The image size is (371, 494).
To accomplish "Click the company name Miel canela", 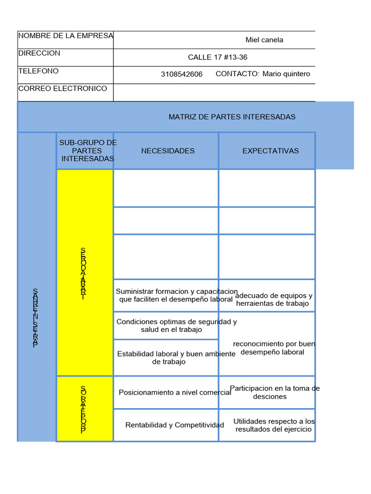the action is pyautogui.click(x=264, y=40).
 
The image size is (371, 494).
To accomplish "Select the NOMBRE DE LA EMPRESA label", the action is pyautogui.click(x=66, y=36).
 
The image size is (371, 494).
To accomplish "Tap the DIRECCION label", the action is pyautogui.click(x=39, y=53).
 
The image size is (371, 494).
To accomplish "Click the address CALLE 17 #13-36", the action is pyautogui.click(x=217, y=57).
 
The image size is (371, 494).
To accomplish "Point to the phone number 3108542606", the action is pyautogui.click(x=182, y=74).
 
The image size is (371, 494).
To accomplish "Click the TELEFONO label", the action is pyautogui.click(x=38, y=71).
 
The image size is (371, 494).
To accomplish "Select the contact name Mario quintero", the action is pyautogui.click(x=286, y=74).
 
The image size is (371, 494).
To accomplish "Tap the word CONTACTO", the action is pyautogui.click(x=237, y=74).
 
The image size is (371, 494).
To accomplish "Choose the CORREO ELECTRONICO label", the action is pyautogui.click(x=62, y=89).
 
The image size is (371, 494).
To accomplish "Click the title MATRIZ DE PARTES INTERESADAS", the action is pyautogui.click(x=232, y=117).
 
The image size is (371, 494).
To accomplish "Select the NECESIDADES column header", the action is pyautogui.click(x=168, y=151).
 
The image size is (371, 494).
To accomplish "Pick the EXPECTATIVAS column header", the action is pyautogui.click(x=271, y=151).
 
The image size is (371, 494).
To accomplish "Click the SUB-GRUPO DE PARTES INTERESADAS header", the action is pyautogui.click(x=88, y=151).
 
